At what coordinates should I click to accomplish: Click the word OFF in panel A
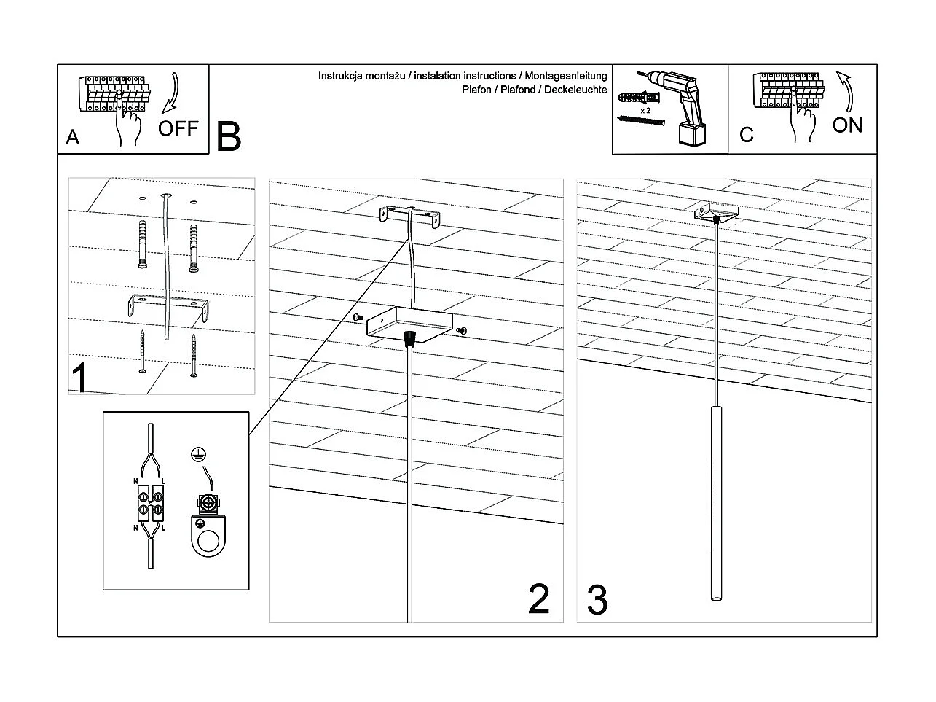pyautogui.click(x=178, y=129)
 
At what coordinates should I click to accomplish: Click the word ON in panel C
pyautogui.click(x=847, y=125)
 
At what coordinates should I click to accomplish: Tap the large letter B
pyautogui.click(x=229, y=136)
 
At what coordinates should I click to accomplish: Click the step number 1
pyautogui.click(x=80, y=378)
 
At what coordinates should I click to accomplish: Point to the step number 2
pyautogui.click(x=538, y=599)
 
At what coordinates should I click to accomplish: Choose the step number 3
pyautogui.click(x=597, y=601)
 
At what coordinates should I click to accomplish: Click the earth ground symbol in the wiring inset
pyautogui.click(x=196, y=454)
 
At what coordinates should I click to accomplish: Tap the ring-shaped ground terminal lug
pyautogui.click(x=208, y=540)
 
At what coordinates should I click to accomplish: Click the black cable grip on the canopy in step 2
pyautogui.click(x=409, y=337)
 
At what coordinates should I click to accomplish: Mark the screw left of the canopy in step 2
pyautogui.click(x=358, y=317)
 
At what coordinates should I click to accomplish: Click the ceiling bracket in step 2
pyautogui.click(x=410, y=217)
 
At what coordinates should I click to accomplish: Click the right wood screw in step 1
pyautogui.click(x=194, y=356)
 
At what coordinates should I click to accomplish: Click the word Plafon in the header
pyautogui.click(x=478, y=90)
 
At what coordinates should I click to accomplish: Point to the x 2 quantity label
pyautogui.click(x=645, y=110)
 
